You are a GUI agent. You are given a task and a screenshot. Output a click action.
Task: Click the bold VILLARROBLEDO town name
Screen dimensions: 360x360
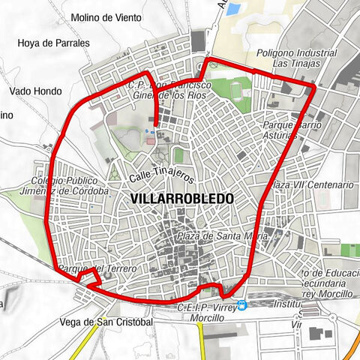point(181,198)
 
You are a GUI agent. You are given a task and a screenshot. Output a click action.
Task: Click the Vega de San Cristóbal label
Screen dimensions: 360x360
point(105,322)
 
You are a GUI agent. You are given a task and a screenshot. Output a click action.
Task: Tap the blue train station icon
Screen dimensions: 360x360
point(241,305)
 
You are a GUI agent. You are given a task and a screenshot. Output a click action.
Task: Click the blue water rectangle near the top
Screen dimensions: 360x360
point(234,10)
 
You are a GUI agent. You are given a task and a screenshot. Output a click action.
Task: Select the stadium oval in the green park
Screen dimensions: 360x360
point(238,92)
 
